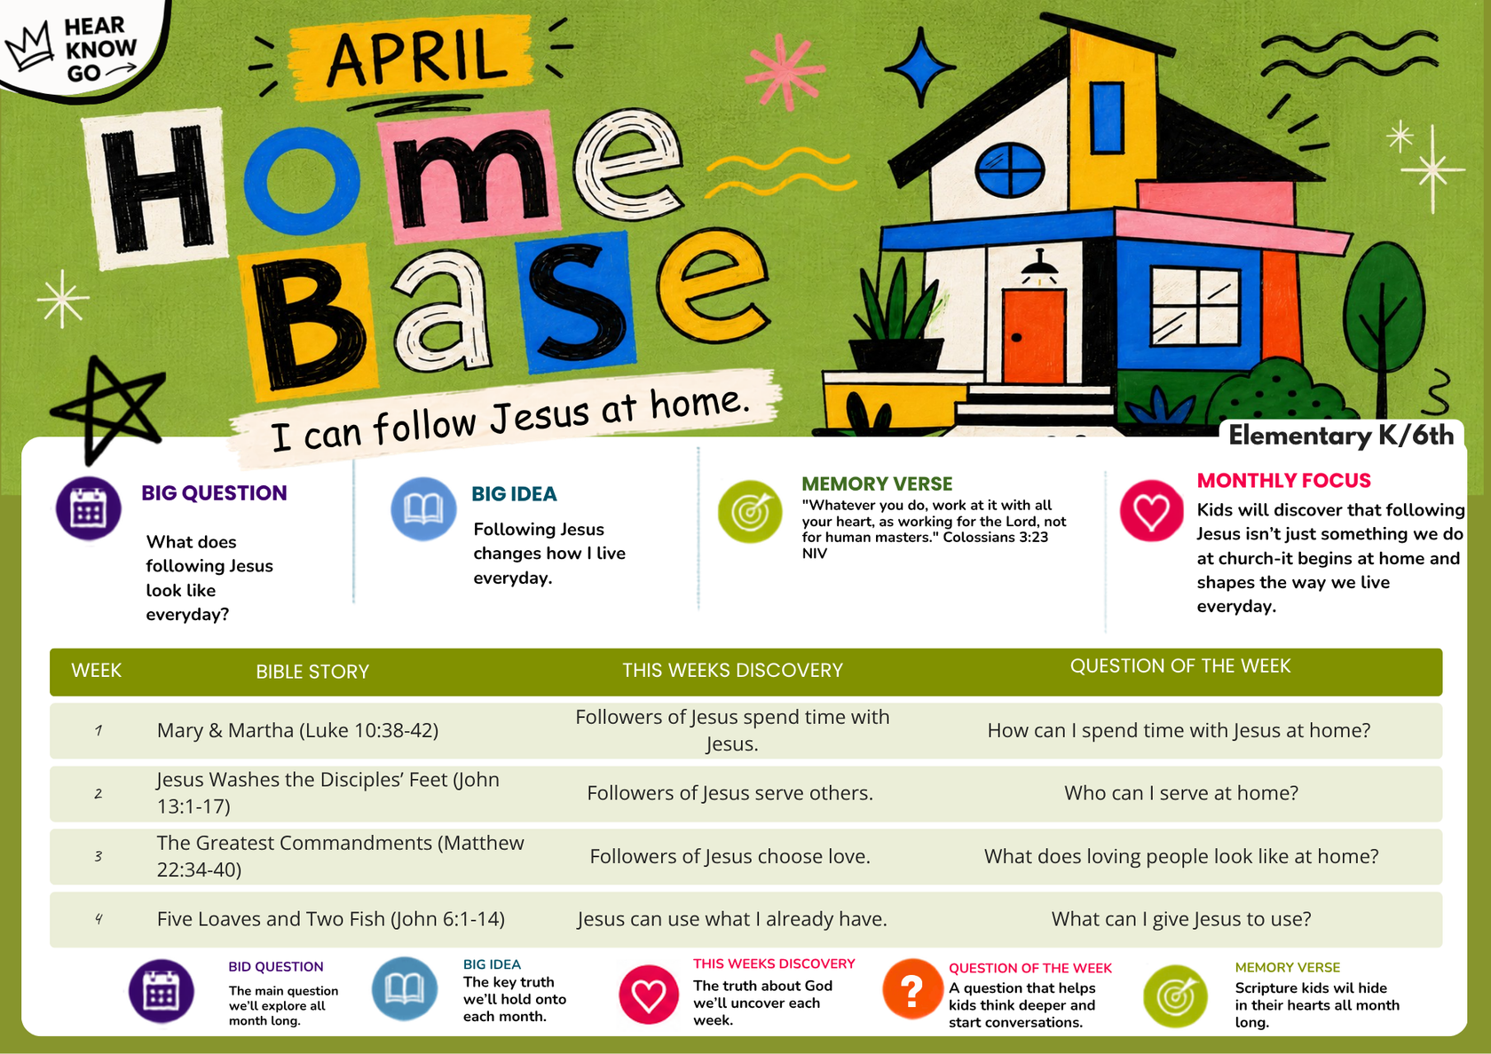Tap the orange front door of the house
tap(1034, 336)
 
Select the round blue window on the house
tap(1010, 169)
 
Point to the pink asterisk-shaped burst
tap(785, 72)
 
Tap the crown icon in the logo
tap(29, 45)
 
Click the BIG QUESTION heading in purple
tap(215, 493)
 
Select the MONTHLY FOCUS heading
tap(1284, 481)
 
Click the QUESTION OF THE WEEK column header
tap(1180, 666)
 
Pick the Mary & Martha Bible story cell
tap(297, 731)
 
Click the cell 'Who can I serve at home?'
tap(1181, 793)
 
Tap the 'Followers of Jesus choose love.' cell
tap(730, 856)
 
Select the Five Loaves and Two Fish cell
tap(331, 919)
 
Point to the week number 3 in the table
tap(98, 856)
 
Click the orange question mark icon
tap(912, 989)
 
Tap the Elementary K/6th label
tap(1341, 435)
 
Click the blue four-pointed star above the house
tap(921, 67)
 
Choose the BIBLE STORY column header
tap(312, 672)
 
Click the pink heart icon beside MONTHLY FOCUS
tap(1152, 511)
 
